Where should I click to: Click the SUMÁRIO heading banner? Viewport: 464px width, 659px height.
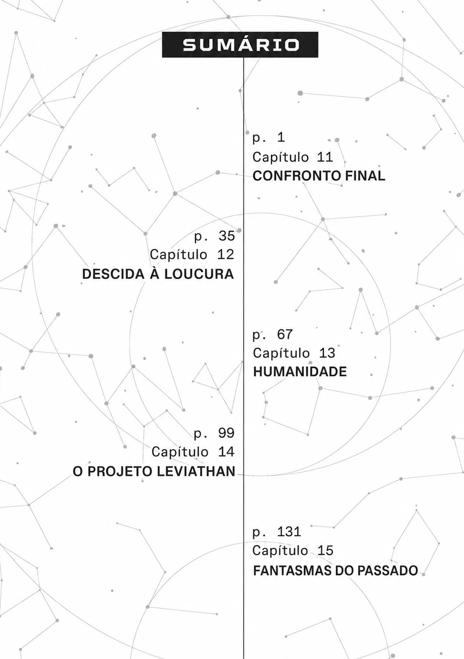pos(240,45)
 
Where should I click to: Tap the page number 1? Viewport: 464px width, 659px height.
pos(281,138)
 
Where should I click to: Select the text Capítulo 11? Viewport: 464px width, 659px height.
pos(293,157)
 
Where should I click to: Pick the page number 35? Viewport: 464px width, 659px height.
pos(226,236)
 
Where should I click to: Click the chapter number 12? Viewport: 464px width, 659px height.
pos(225,254)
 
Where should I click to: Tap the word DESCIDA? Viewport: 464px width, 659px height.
pos(113,274)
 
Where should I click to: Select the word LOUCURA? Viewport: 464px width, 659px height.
pos(199,274)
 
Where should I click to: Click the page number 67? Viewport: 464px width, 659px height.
pos(284,334)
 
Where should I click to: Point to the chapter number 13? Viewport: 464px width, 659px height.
pos(327,353)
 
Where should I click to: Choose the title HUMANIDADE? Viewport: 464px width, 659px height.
pos(300,372)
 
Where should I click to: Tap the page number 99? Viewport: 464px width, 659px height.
pos(226,433)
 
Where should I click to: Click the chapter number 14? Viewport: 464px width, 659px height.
pos(226,451)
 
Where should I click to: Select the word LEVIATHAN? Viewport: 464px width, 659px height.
pos(196,471)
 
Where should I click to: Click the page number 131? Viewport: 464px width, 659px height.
pos(289,532)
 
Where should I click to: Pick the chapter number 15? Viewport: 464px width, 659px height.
pos(325,551)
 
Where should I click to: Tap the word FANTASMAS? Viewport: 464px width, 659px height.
pos(292,570)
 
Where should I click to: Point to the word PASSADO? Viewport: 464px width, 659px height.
pos(387,570)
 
